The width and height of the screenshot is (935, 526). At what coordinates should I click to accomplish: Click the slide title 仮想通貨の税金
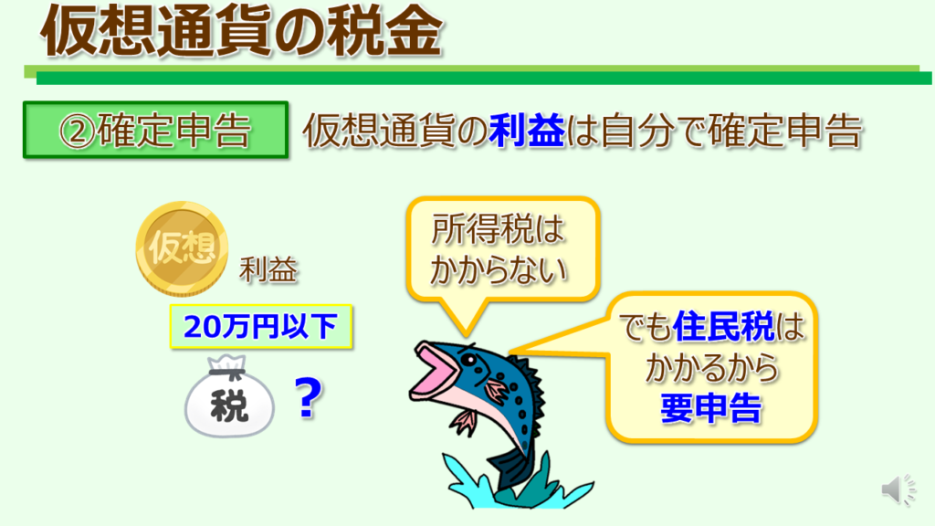point(241,31)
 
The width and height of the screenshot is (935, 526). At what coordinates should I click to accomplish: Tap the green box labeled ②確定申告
point(155,130)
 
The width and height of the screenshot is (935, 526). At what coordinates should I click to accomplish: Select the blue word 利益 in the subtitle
point(526,131)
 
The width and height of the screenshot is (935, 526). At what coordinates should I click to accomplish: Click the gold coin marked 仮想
point(182,248)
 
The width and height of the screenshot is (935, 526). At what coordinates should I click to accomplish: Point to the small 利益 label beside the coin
point(268,270)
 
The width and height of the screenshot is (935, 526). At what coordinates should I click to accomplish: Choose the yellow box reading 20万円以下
point(261,326)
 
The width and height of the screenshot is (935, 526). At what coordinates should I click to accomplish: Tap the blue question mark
point(309,398)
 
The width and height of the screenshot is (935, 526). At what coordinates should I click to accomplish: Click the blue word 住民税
point(723,327)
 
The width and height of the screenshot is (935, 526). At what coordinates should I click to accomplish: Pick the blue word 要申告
point(710,408)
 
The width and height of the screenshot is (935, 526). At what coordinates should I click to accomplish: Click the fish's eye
point(469,361)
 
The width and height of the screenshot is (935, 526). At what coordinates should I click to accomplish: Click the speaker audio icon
point(898,490)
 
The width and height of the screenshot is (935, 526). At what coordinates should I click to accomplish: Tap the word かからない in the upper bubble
point(498,270)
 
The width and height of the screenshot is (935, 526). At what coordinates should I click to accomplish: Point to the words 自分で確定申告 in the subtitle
point(731,131)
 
